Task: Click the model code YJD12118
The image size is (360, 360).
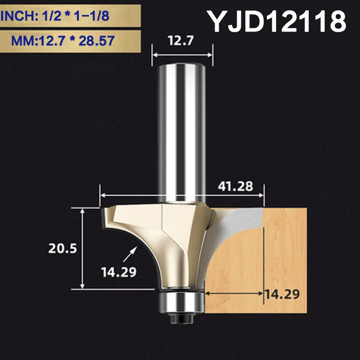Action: (276, 21)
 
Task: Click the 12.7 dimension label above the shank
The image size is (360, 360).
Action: (182, 42)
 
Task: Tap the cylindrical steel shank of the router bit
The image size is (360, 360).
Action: (182, 130)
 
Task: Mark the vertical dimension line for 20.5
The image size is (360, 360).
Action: (82, 248)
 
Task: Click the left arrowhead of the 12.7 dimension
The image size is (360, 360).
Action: (155, 54)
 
